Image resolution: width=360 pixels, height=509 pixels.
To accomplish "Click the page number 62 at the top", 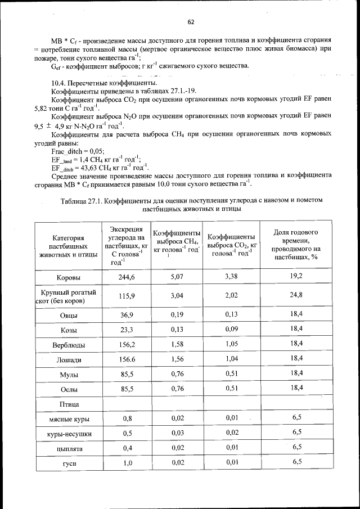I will pyautogui.click(x=191, y=22).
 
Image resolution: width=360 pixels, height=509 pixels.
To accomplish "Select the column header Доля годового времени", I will pyautogui.click(x=296, y=246).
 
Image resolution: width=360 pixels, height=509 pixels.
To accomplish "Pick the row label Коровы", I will pyautogui.click(x=69, y=278).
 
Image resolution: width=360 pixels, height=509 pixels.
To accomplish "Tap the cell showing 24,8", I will pyautogui.click(x=296, y=295).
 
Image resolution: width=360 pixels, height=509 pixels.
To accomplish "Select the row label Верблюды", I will pyautogui.click(x=69, y=344).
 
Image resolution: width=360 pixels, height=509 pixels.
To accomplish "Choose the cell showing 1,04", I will pyautogui.click(x=232, y=358).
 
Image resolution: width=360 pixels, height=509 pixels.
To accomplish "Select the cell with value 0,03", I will pyautogui.click(x=178, y=433).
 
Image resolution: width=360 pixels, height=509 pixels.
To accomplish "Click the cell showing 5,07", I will pyautogui.click(x=178, y=277).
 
